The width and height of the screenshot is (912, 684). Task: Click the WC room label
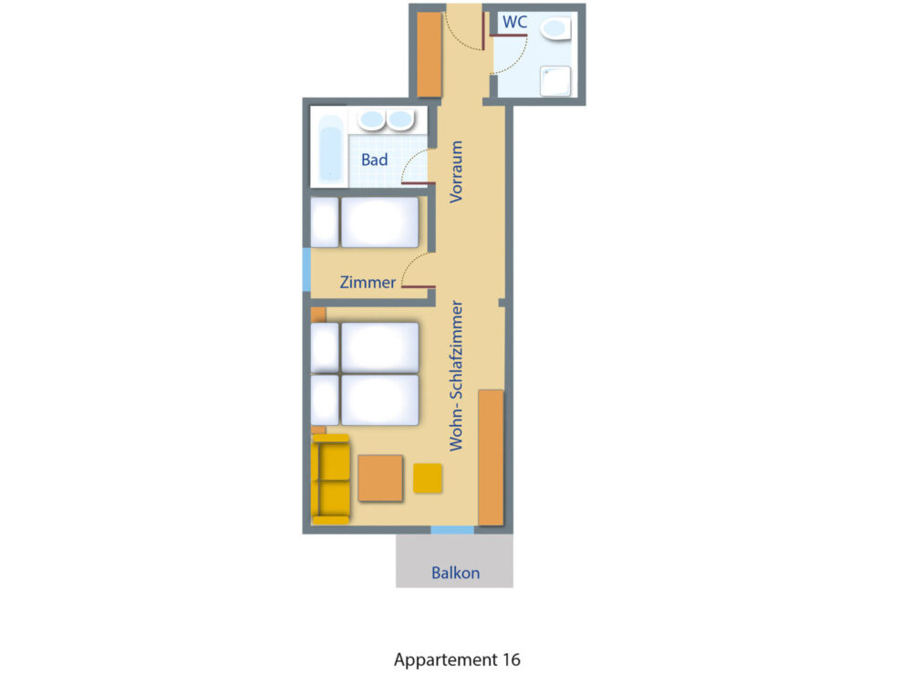click(x=514, y=22)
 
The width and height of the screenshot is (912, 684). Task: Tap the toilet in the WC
click(x=555, y=28)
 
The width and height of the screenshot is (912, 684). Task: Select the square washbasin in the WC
click(x=555, y=81)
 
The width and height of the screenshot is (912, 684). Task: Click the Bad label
click(x=374, y=160)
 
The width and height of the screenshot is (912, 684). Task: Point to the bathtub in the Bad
click(x=330, y=148)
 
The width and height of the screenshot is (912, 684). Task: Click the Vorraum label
click(x=457, y=171)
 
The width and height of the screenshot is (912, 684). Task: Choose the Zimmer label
click(x=368, y=282)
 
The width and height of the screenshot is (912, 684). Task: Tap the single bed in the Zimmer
click(x=365, y=223)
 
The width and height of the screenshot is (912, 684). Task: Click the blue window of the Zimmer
click(x=306, y=269)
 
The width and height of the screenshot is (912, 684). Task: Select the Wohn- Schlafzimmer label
click(x=457, y=376)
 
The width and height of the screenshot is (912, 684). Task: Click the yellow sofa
click(x=330, y=479)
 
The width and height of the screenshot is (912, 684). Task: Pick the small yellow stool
click(x=428, y=478)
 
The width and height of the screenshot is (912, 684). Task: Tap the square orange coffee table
click(x=379, y=478)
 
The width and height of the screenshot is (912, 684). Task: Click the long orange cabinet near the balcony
click(x=491, y=458)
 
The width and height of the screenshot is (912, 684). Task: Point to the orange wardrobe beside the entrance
click(x=430, y=54)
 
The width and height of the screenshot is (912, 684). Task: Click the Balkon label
click(x=455, y=573)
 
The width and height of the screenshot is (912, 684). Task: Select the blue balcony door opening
click(x=452, y=530)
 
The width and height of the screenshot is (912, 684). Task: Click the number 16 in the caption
click(x=512, y=659)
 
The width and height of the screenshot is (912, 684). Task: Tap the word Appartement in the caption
click(x=446, y=660)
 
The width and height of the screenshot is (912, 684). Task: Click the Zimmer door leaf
click(x=419, y=286)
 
